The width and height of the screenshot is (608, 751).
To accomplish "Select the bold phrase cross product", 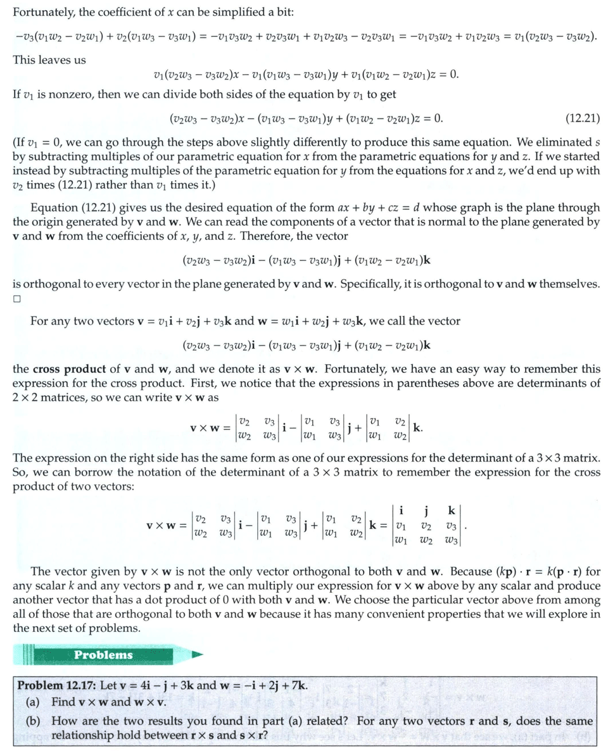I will pos(65,369).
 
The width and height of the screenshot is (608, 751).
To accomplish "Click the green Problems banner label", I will pos(103,655).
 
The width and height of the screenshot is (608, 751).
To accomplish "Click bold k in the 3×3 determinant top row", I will pos(451,510).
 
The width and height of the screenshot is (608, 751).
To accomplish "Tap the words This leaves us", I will pos(49,60).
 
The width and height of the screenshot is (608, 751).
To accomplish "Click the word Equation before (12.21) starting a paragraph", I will pos(54,208).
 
